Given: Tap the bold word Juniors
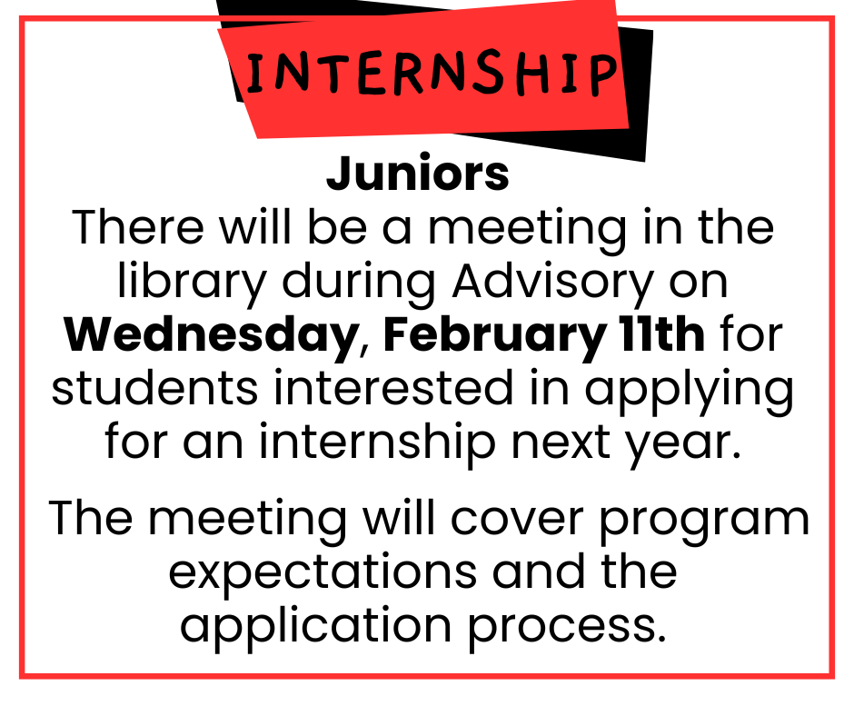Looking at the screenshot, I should pos(418,174).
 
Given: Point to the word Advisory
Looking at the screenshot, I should pos(553,283).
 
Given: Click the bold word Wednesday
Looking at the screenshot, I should pos(212,335).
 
